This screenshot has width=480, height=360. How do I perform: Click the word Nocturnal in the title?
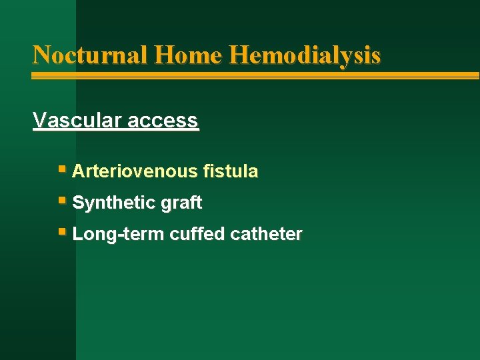(x=90, y=55)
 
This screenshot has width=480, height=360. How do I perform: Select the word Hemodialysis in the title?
(x=305, y=55)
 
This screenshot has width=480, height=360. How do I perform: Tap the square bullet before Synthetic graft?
(x=62, y=201)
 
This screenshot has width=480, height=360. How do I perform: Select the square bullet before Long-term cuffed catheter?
(x=62, y=233)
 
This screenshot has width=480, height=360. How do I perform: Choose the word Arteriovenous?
(x=134, y=172)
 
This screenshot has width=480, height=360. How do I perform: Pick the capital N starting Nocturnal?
(x=41, y=55)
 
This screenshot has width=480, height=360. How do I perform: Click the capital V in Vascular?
(x=39, y=121)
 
